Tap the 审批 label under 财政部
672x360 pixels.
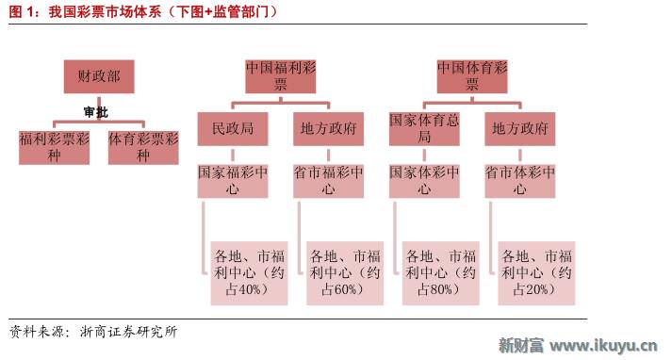pyautogui.click(x=95, y=112)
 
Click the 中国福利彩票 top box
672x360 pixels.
pyautogui.click(x=281, y=76)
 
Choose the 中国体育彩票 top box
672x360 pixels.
pyautogui.click(x=472, y=76)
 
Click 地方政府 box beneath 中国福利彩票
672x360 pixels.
pyautogui.click(x=328, y=129)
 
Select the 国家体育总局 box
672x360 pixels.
pyautogui.click(x=424, y=129)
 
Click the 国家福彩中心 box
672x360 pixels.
pyautogui.click(x=233, y=180)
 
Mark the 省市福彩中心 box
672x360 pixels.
pyautogui.click(x=328, y=180)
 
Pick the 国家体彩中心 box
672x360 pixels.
pyautogui.click(x=424, y=180)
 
